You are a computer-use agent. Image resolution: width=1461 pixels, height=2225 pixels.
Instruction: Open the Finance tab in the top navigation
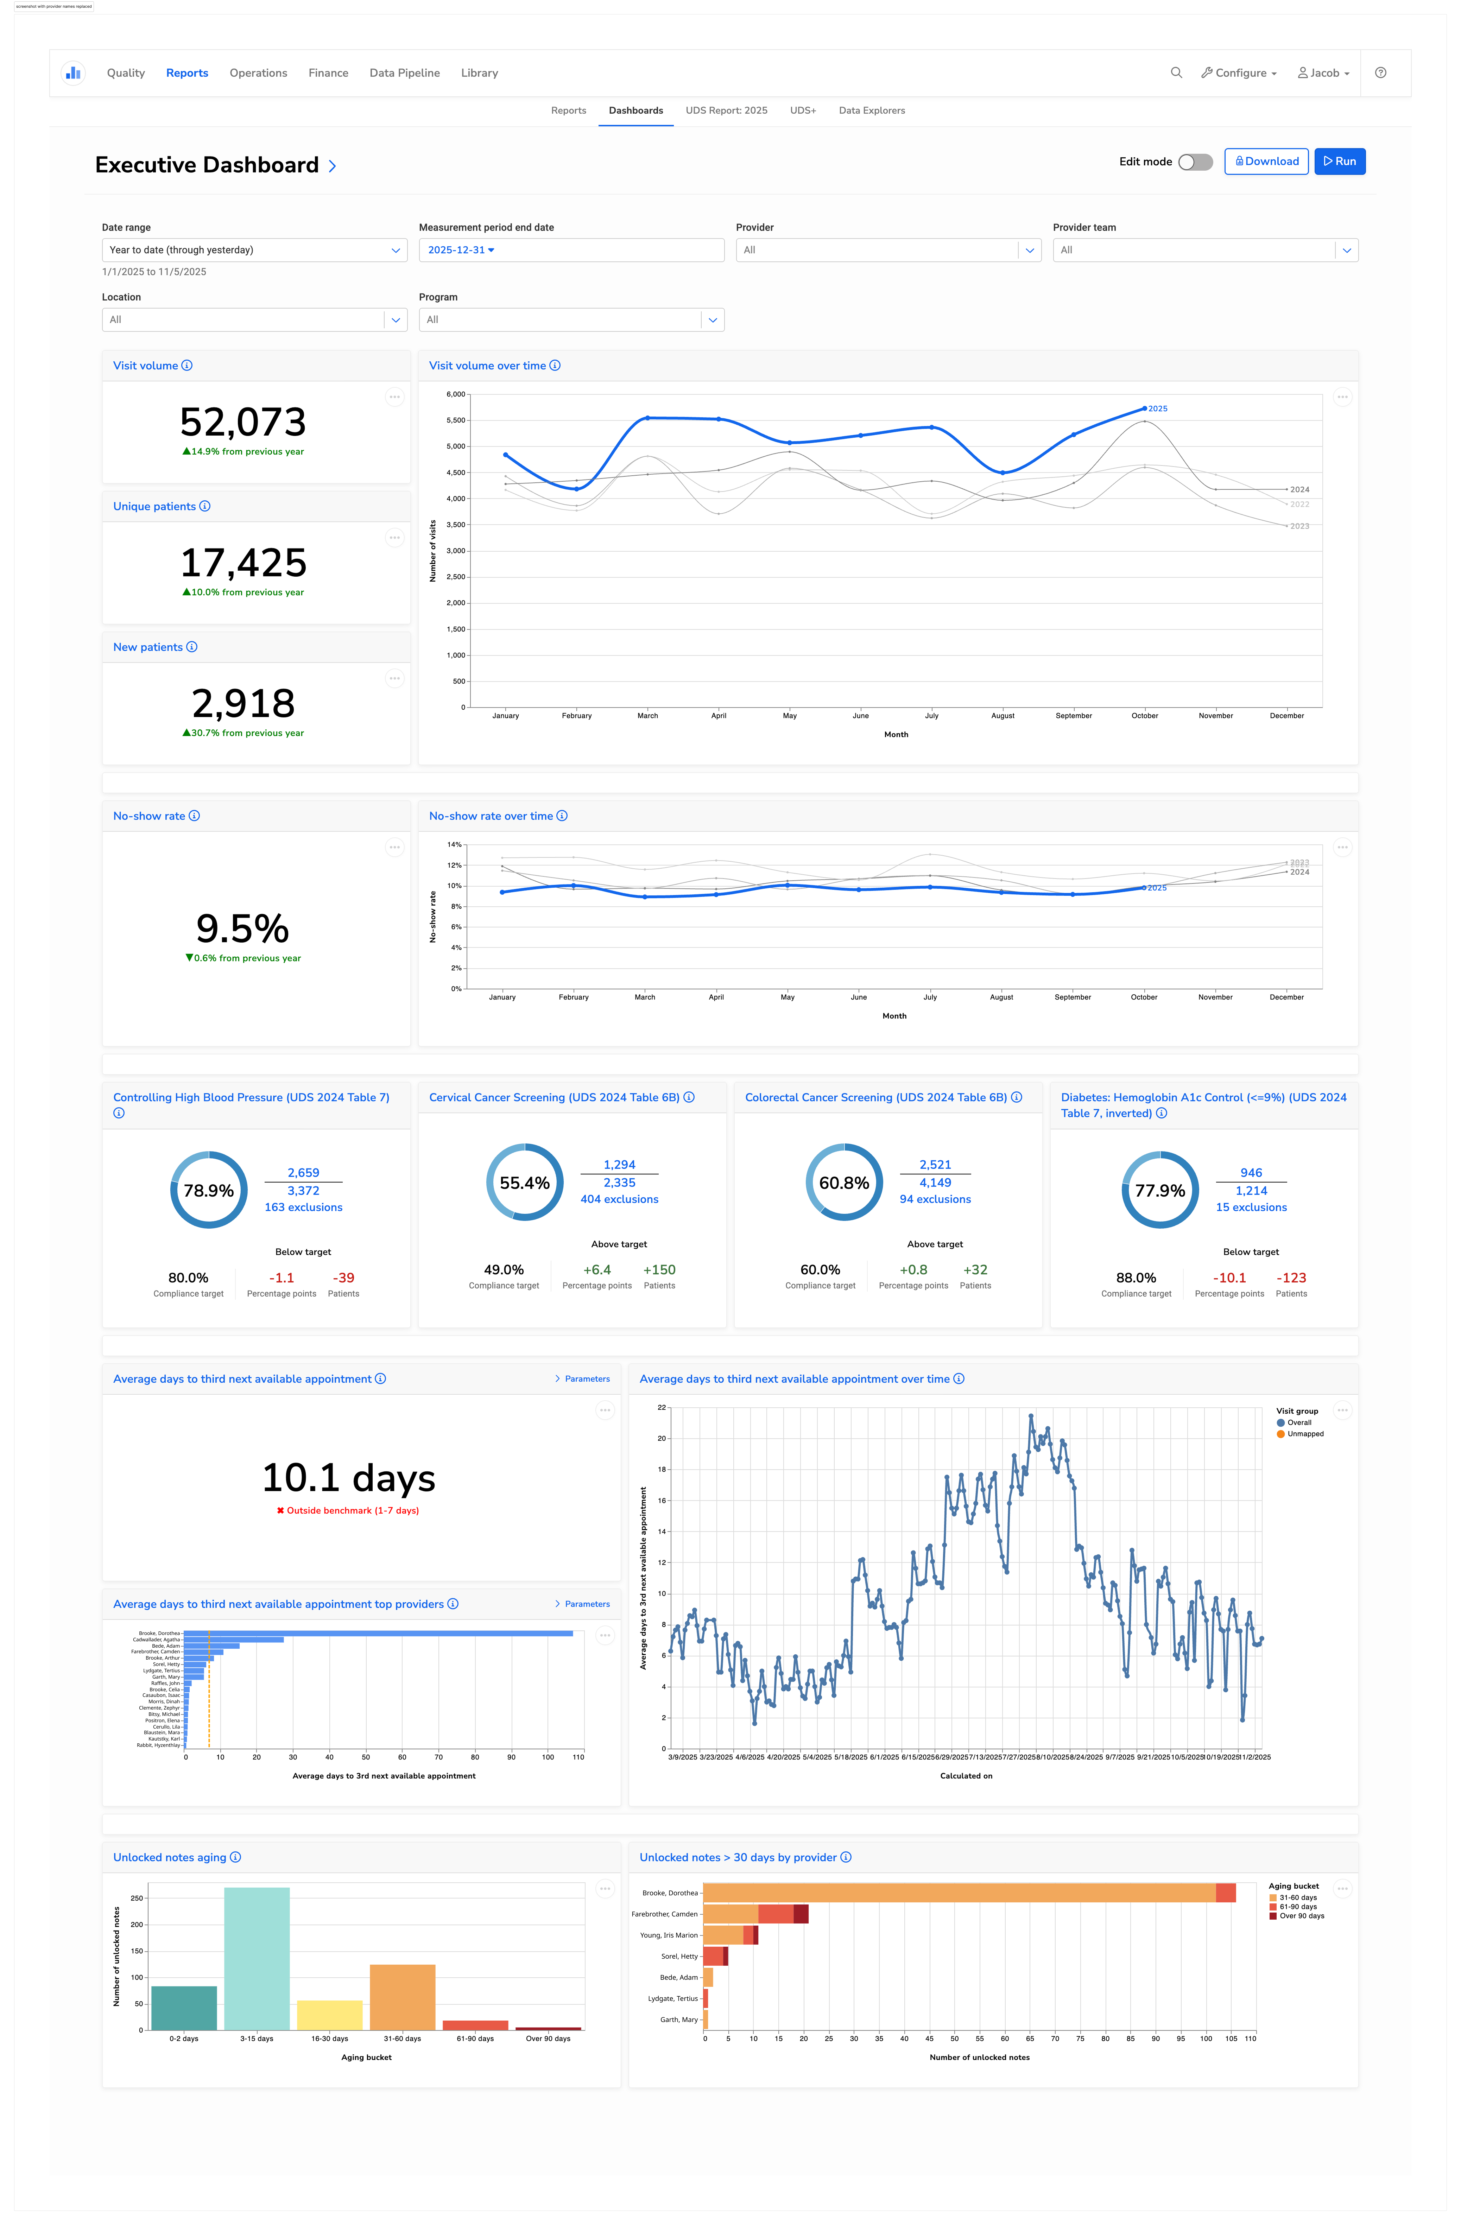pos(328,73)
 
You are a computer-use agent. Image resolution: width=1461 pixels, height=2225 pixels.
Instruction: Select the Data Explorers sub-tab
pos(871,110)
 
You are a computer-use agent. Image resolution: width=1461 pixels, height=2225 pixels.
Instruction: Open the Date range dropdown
pos(254,249)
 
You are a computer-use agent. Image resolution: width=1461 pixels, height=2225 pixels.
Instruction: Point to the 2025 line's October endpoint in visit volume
pos(1144,408)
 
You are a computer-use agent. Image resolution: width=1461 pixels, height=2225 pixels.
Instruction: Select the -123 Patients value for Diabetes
pos(1291,1278)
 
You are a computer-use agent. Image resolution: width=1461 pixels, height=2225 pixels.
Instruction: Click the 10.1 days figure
pos(349,1478)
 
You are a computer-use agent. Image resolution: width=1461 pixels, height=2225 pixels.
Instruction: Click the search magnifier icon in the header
pos(1176,73)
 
